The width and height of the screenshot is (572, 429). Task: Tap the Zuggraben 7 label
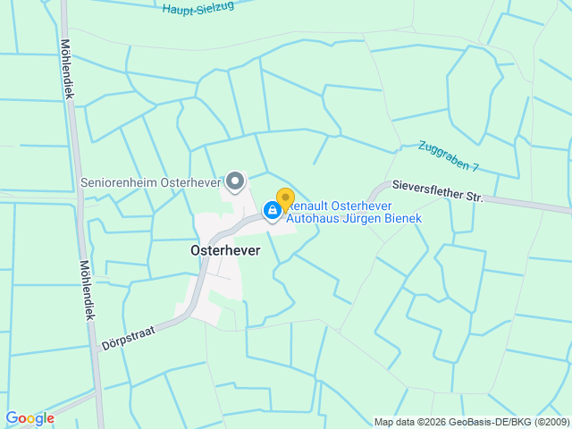pyautogui.click(x=449, y=156)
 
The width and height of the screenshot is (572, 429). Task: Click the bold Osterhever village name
pyautogui.click(x=225, y=251)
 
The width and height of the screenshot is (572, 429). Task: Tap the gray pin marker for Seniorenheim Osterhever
pyautogui.click(x=235, y=181)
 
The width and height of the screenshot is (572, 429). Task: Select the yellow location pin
pyautogui.click(x=285, y=198)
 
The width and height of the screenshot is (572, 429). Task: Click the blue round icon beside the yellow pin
pyautogui.click(x=272, y=210)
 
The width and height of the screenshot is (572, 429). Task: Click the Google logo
pyautogui.click(x=29, y=418)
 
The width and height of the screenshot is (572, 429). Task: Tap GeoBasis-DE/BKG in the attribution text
pyautogui.click(x=481, y=422)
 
